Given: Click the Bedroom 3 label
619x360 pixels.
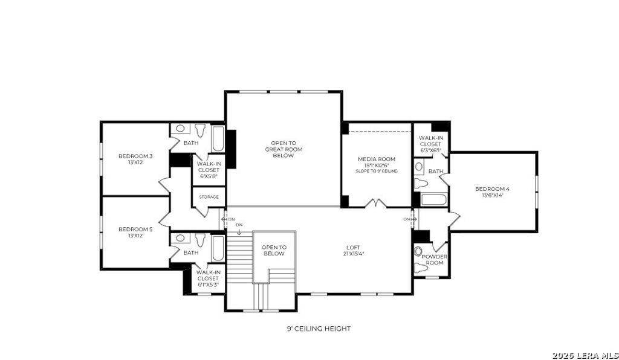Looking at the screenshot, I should coord(135,159).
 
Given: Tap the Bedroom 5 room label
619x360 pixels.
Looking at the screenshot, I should coord(135,233).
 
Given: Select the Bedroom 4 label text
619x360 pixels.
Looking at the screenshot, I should coord(493,191).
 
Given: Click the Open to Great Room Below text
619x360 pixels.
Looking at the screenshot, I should coord(283,149).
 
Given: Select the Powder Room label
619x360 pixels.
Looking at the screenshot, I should coord(435,260).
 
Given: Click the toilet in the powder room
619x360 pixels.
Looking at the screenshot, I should coord(418,252).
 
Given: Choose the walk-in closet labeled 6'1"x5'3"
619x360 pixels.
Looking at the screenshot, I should coord(207,278).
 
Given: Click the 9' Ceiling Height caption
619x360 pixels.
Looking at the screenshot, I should coord(319,329).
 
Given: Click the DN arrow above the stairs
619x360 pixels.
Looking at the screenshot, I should coord(239,228).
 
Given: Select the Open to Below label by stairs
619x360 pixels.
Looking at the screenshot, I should coord(274,250).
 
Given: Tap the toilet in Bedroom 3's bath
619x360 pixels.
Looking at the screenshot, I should coord(200,130).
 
